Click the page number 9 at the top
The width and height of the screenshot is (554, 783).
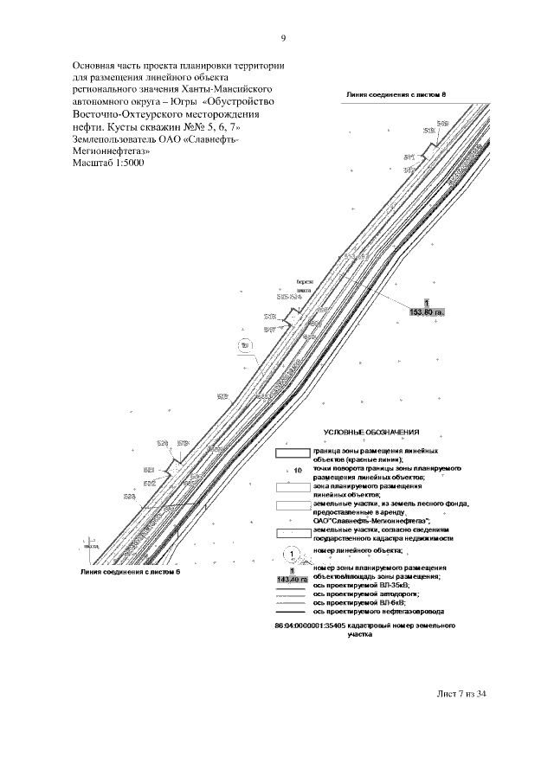[283, 38]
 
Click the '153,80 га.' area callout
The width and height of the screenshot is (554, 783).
[426, 311]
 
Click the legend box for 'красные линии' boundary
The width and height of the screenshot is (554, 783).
[293, 452]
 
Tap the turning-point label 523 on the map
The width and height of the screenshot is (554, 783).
[130, 497]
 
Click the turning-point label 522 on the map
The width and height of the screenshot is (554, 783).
[149, 483]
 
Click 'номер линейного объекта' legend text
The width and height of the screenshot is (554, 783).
[358, 550]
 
